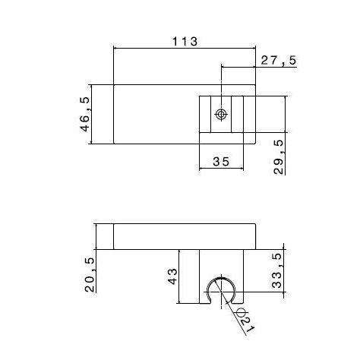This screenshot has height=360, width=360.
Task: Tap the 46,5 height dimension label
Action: (x=85, y=114)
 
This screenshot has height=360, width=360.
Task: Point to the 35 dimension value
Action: (x=221, y=161)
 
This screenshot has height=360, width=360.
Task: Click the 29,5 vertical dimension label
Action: (x=279, y=157)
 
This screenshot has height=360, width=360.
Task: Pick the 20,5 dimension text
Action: (x=90, y=274)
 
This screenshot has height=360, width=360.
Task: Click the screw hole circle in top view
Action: (x=221, y=115)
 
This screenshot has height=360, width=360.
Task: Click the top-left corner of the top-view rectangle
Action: (x=113, y=84)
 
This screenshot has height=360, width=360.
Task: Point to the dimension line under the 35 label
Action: (x=221, y=169)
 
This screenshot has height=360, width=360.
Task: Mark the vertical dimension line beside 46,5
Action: (x=95, y=114)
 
